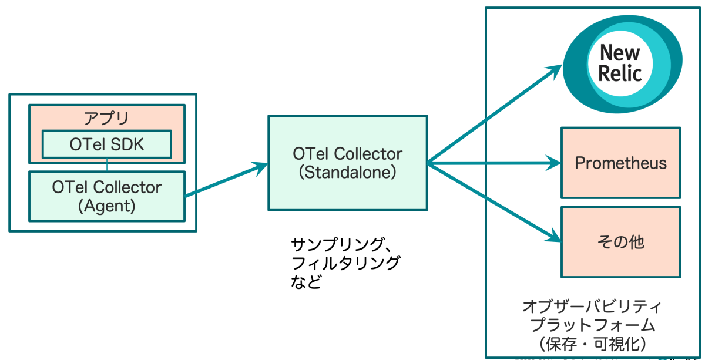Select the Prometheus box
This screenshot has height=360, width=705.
click(x=621, y=163)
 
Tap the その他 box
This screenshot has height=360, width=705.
click(x=621, y=241)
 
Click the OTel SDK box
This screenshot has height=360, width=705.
click(x=106, y=144)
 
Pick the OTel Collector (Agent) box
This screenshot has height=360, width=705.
click(x=106, y=196)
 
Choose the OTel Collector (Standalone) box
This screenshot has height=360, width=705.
click(x=348, y=163)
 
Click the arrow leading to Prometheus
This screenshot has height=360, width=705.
click(x=493, y=163)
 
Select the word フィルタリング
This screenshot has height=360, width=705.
click(x=345, y=262)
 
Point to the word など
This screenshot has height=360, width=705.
click(x=307, y=282)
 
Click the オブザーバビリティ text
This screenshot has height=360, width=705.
click(x=592, y=307)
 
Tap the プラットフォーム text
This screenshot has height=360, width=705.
click(x=592, y=324)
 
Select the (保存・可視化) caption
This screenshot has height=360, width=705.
click(x=592, y=342)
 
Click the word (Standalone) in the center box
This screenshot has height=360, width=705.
click(x=348, y=173)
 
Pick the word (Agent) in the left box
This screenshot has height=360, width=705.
click(x=106, y=206)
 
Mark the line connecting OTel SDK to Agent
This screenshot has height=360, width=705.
click(x=107, y=164)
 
